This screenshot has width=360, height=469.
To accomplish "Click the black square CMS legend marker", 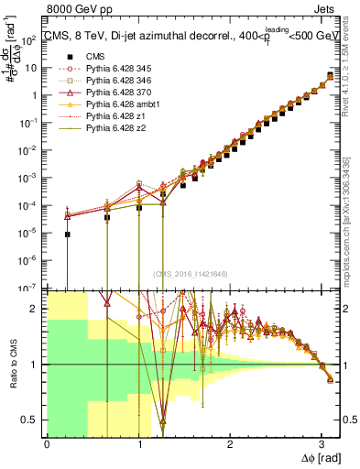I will coord(69,57).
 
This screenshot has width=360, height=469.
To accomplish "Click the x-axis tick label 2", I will coord(230,444).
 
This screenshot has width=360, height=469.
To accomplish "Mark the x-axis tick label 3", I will coord(322,444).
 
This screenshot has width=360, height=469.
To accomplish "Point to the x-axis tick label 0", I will coord(47,444).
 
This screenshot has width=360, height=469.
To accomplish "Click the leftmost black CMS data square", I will coord(67,234).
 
